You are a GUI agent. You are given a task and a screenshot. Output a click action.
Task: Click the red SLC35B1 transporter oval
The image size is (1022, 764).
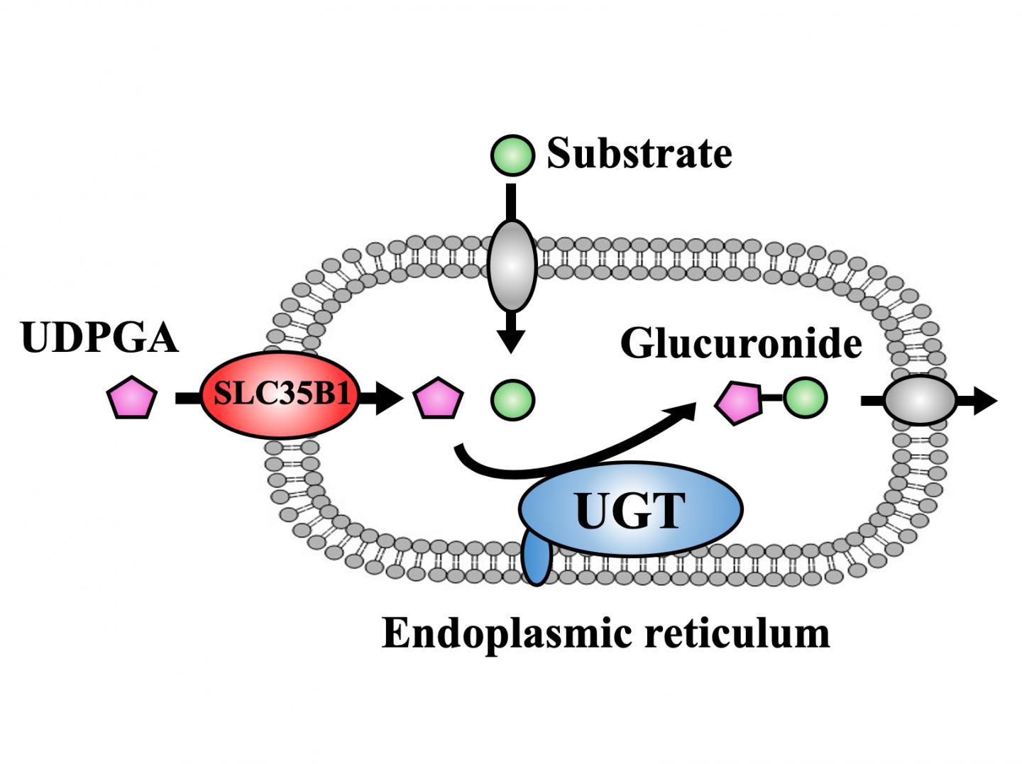pos(281,394)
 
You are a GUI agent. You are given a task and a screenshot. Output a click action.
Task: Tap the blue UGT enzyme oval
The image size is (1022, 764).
pos(630,509)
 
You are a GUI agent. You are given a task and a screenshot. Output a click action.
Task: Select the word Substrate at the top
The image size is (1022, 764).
pos(639,153)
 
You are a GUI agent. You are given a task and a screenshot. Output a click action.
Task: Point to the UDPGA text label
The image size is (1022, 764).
pos(99,337)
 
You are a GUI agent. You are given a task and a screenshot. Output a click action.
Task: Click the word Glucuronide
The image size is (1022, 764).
pos(741,343)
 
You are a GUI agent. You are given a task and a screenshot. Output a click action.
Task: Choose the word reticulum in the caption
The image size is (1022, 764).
pos(737,632)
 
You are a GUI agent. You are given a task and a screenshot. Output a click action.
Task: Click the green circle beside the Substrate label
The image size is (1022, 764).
pos(512,155)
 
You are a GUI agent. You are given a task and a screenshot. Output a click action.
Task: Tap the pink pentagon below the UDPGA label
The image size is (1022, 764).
pos(131,398)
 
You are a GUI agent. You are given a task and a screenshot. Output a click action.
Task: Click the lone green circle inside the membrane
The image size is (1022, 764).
pos(512,399)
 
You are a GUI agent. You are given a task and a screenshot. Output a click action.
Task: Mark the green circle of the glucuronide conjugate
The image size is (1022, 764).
pos(805,397)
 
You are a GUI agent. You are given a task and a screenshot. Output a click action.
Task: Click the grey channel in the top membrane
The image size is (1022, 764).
pos(512,265)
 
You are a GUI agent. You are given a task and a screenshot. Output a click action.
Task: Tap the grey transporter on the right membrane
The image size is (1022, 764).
pos(920,401)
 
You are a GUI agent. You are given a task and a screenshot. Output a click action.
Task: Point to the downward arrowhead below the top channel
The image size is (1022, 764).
pos(511,341)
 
